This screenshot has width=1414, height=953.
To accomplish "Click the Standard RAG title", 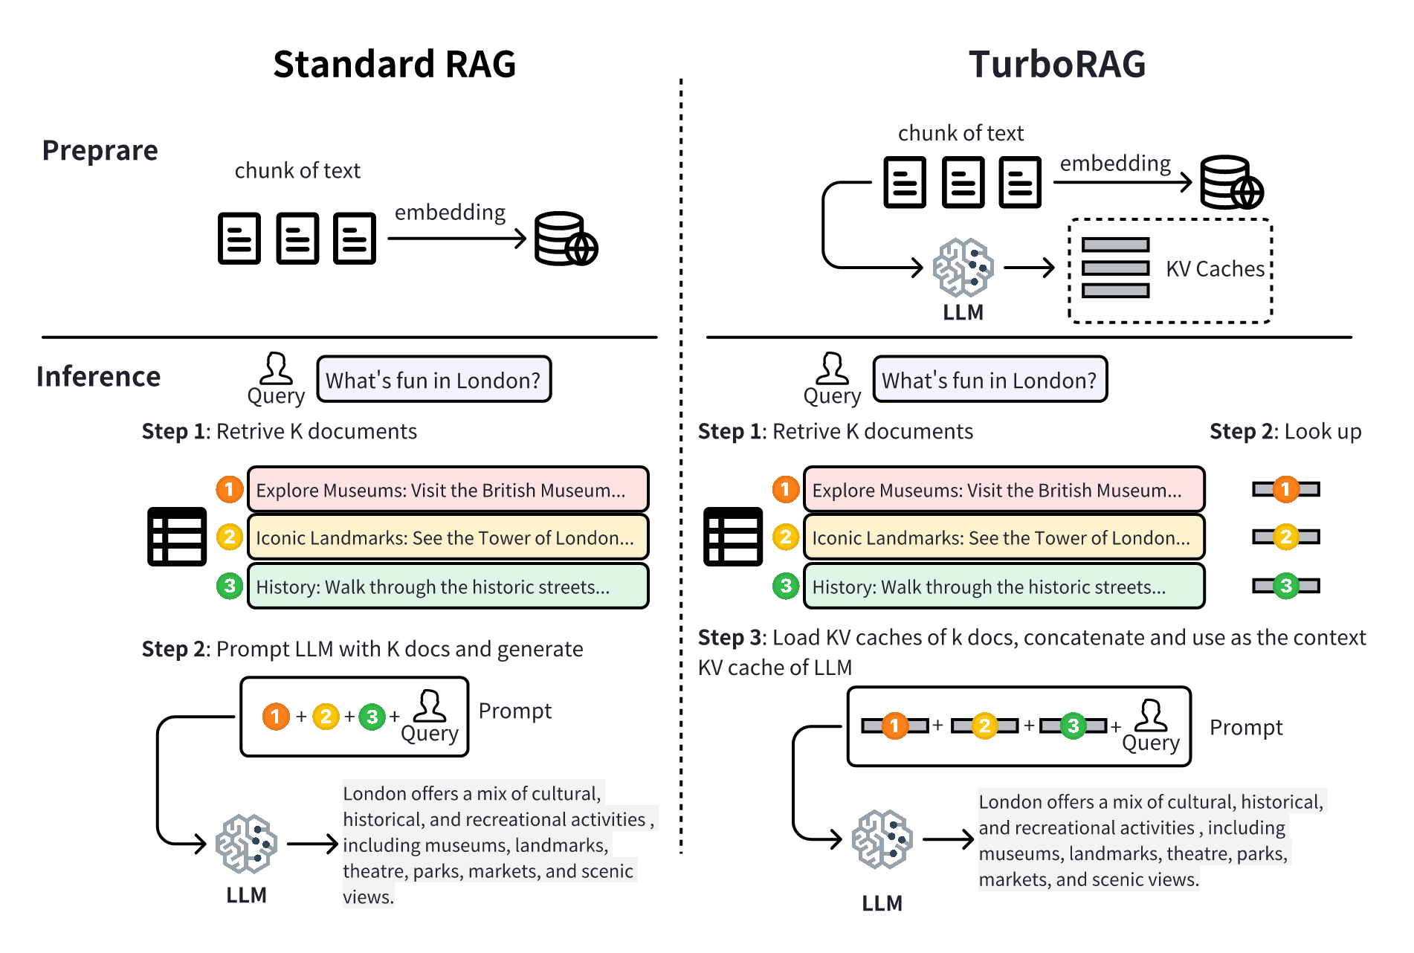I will (x=394, y=64).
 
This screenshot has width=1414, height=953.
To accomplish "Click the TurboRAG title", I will (x=1056, y=64).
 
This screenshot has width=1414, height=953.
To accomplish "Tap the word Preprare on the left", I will (x=100, y=150).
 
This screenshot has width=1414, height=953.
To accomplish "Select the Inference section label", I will (x=98, y=376).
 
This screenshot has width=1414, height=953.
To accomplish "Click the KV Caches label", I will (x=1215, y=268).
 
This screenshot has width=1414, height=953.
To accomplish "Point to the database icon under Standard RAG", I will (x=565, y=239).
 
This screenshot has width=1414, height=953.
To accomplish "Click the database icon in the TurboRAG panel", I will (x=1231, y=182).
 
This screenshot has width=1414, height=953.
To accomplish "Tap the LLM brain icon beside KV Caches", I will (x=963, y=267).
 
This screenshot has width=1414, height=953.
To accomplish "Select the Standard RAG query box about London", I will (x=434, y=380).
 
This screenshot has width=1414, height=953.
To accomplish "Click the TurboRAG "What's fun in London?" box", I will (x=990, y=380).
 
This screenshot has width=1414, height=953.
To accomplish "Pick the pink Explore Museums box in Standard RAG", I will (x=448, y=490).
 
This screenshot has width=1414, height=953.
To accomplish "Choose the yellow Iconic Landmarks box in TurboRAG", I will (x=1004, y=537).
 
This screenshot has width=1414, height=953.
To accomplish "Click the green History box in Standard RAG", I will (x=448, y=587).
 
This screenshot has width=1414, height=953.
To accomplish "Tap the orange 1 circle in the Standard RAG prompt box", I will (x=276, y=717).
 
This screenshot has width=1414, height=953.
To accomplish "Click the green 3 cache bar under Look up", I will (x=1286, y=586).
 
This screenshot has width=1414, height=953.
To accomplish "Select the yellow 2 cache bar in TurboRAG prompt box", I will (x=984, y=726).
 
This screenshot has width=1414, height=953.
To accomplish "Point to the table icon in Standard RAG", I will (x=177, y=537).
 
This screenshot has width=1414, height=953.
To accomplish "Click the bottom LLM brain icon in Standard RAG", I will (x=246, y=844).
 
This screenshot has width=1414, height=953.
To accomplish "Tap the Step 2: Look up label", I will (x=1285, y=431).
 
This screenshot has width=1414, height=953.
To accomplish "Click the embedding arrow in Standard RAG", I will (x=456, y=239).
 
